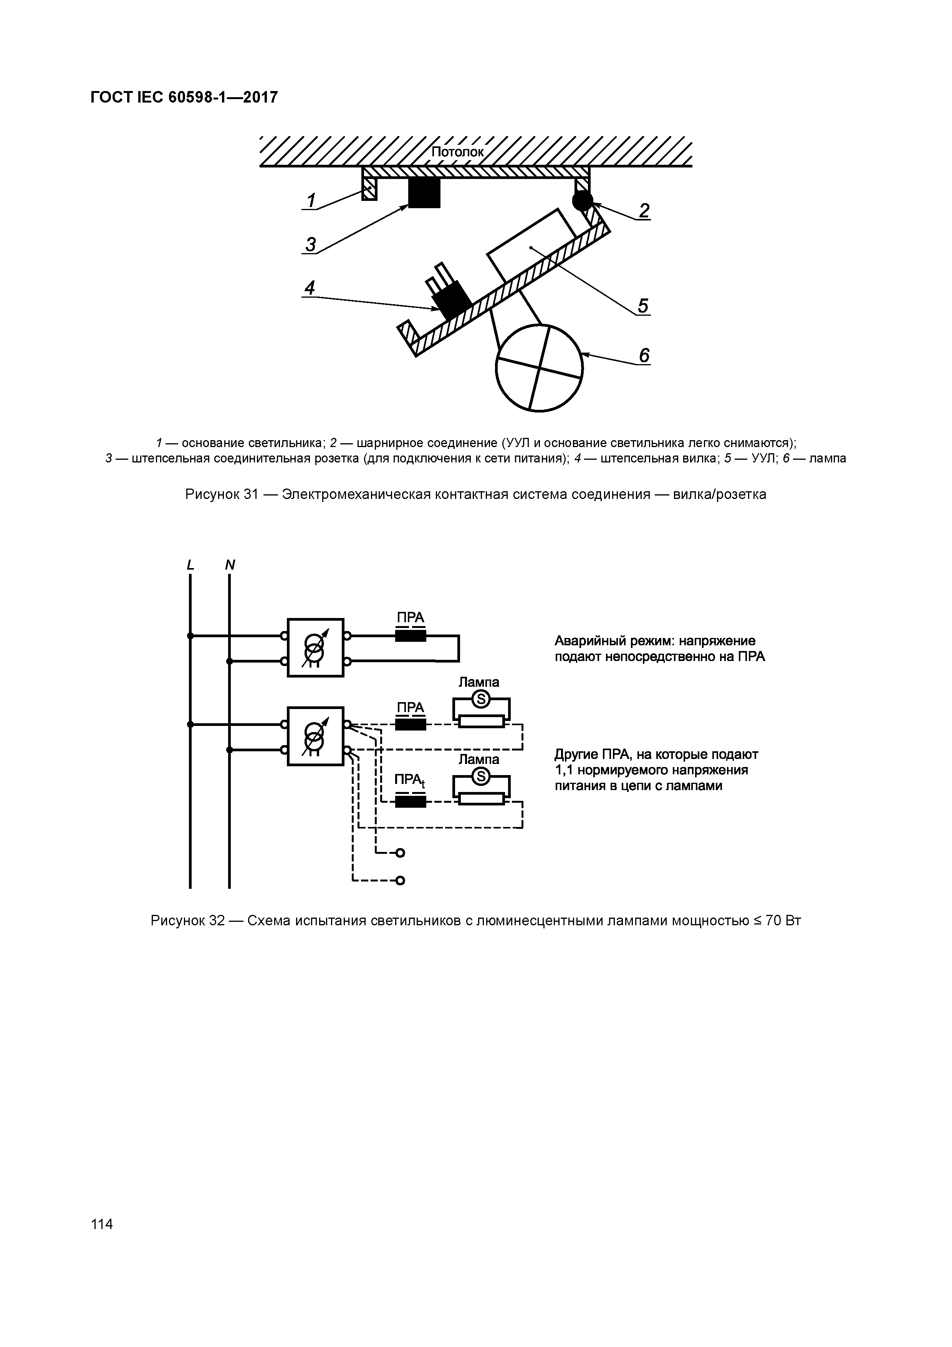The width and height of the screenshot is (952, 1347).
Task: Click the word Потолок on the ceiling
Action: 457,152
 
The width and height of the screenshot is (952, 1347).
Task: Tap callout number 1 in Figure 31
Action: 311,200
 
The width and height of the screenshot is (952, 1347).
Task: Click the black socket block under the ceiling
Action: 424,192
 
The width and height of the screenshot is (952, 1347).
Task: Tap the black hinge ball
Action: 583,200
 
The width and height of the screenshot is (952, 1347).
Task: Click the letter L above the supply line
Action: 190,565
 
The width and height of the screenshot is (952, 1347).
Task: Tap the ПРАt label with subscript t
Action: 409,780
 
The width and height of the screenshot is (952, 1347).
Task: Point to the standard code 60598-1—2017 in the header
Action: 223,98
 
